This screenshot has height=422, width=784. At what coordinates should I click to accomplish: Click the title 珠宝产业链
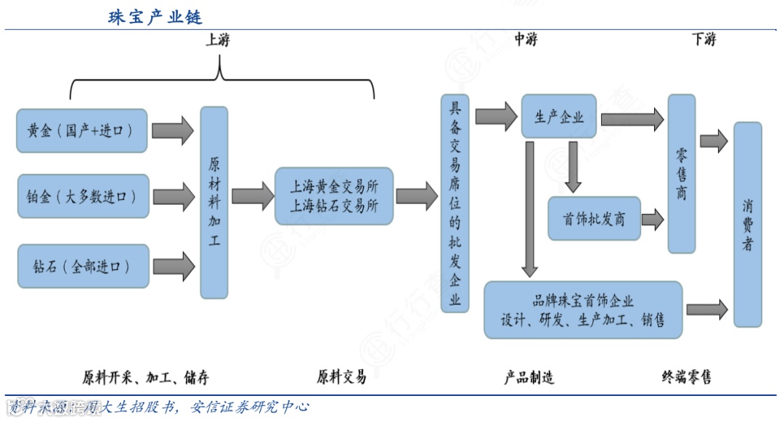(155, 17)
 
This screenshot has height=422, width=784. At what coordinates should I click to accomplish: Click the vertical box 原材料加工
(214, 202)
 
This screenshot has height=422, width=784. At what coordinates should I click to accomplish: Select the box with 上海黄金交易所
(334, 196)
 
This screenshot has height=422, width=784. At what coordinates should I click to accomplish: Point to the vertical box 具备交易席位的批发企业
(455, 204)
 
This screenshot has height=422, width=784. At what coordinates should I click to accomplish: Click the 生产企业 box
(559, 117)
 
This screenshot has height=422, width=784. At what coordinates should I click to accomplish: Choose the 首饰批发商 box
(594, 218)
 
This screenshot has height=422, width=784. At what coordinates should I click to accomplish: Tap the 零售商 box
(682, 173)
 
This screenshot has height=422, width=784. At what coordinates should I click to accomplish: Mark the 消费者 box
(748, 224)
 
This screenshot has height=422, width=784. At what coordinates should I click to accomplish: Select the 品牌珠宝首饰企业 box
(583, 310)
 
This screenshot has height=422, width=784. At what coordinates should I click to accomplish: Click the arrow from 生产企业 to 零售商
(632, 118)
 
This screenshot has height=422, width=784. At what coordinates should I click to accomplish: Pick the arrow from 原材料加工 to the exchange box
(252, 196)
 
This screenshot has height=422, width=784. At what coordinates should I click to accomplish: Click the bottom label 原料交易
(341, 377)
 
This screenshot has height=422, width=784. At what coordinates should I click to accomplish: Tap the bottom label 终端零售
(686, 377)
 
